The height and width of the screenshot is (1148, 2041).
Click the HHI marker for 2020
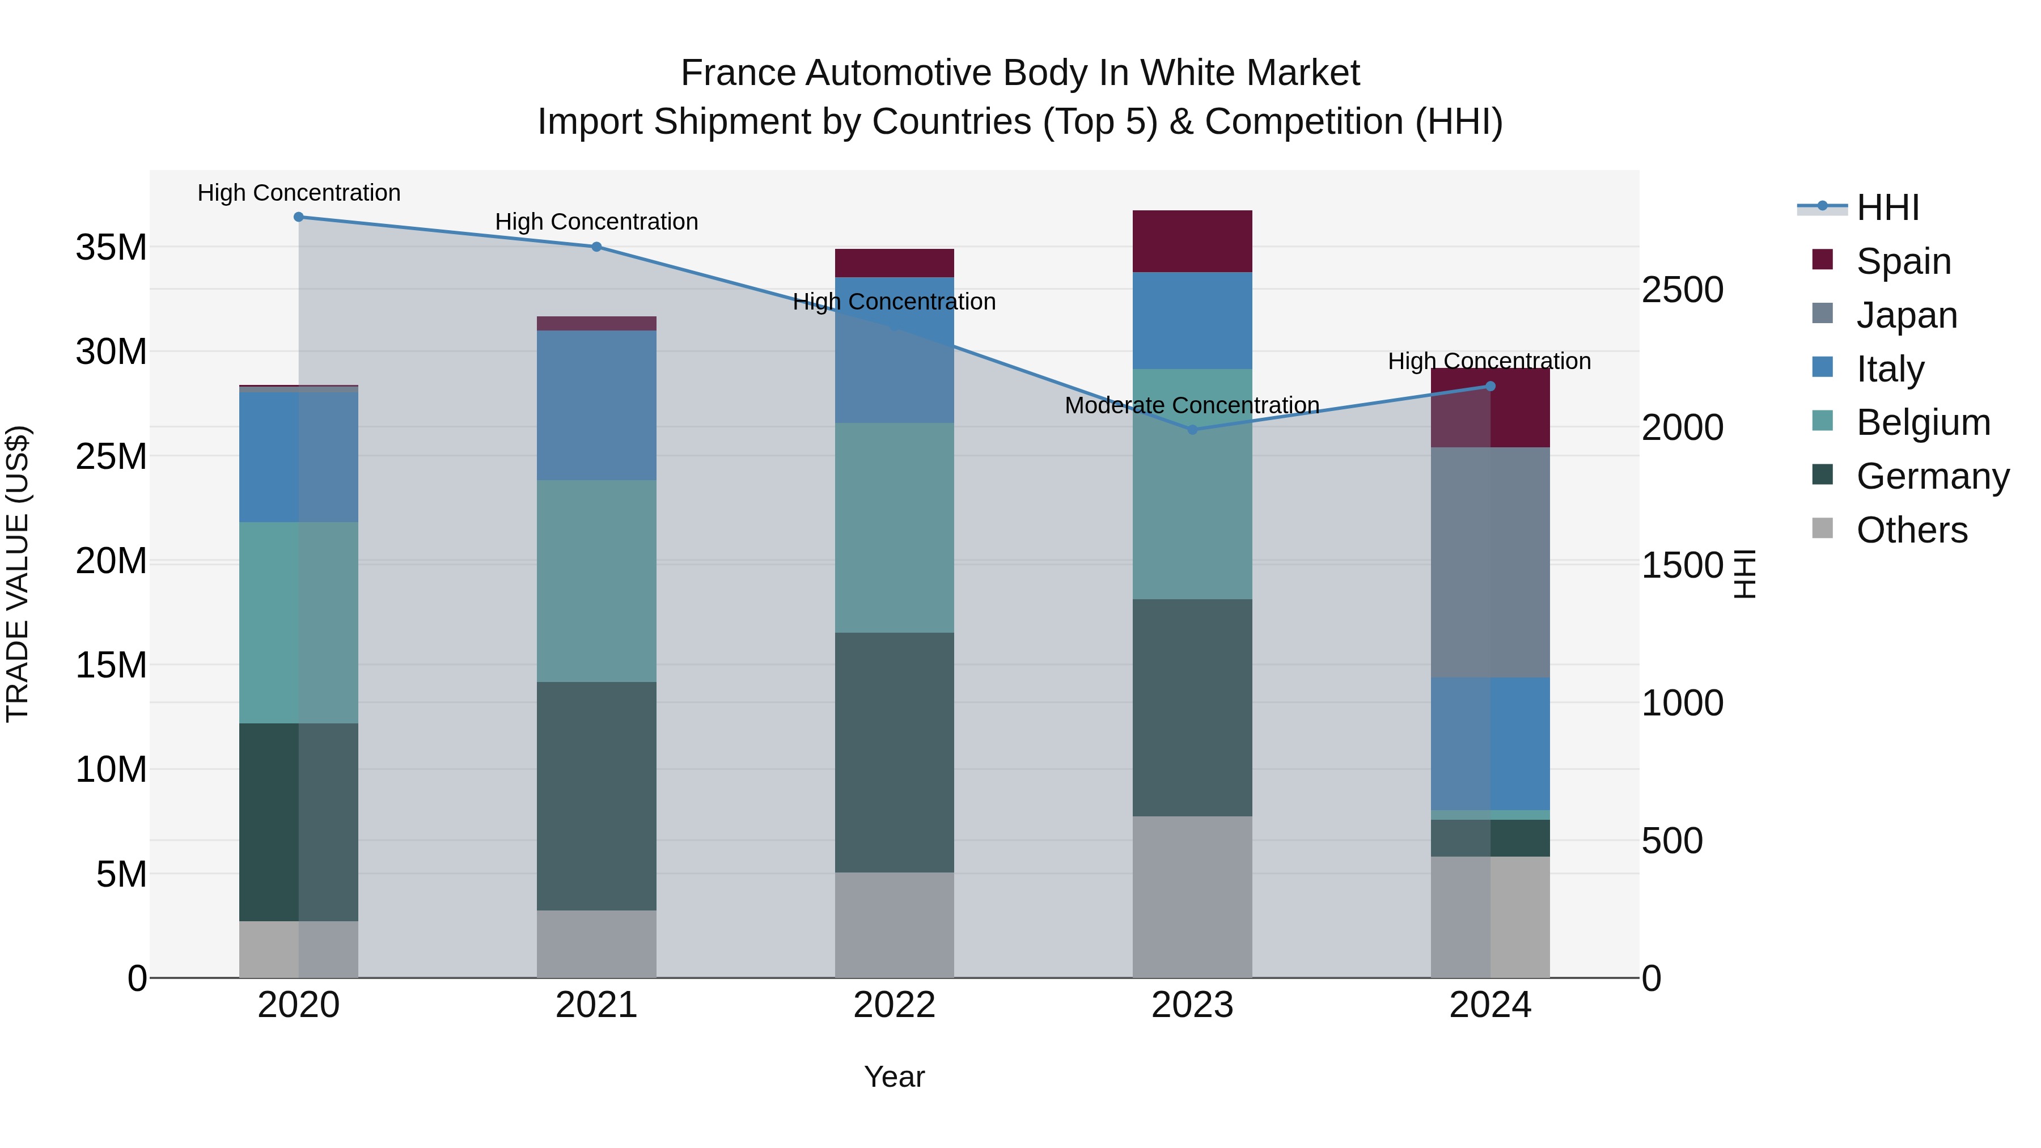(x=299, y=217)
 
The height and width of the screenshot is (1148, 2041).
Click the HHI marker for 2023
(x=1192, y=429)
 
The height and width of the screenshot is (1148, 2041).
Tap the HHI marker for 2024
(x=1490, y=386)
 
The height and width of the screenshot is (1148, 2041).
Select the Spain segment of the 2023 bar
(x=1192, y=241)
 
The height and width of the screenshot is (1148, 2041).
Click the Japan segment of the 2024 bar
(x=1490, y=562)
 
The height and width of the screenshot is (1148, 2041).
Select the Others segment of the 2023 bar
(x=1192, y=896)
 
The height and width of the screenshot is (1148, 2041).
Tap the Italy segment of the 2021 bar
(x=596, y=405)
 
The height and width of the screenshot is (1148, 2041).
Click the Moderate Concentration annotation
(x=1192, y=405)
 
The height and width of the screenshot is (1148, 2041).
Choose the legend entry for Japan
(x=1906, y=315)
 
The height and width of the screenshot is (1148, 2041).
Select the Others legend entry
(x=1911, y=529)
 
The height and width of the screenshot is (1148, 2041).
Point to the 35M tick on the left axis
(x=111, y=247)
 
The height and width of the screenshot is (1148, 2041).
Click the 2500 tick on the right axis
(x=1682, y=290)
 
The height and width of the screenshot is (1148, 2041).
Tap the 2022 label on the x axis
(x=895, y=1005)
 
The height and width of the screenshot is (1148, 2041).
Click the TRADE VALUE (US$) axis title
(x=18, y=574)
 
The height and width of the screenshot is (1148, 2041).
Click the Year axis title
(x=895, y=1077)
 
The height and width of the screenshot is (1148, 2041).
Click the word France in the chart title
(x=738, y=73)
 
